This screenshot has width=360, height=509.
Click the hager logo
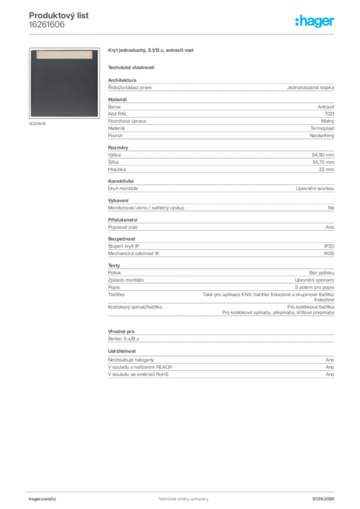315,21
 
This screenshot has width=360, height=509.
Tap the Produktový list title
59,15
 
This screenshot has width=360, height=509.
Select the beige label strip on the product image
64,55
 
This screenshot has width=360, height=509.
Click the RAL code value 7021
329,114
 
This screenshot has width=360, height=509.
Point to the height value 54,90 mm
323,155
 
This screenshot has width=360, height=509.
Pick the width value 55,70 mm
323,162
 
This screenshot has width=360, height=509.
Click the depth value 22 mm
326,169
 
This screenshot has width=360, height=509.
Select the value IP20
329,246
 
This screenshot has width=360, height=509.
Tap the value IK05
329,253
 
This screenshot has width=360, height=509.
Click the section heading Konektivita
121,181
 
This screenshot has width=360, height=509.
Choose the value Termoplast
322,128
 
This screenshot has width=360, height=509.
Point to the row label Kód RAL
117,114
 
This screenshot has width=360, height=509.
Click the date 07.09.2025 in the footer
323,499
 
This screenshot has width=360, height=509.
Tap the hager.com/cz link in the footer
43,499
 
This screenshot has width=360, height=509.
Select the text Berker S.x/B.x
124,339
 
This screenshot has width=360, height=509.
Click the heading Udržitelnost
122,351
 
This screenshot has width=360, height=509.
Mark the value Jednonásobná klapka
310,87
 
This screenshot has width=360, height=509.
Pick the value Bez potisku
321,273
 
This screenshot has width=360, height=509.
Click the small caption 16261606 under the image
37,124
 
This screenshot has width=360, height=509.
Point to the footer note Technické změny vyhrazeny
183,499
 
